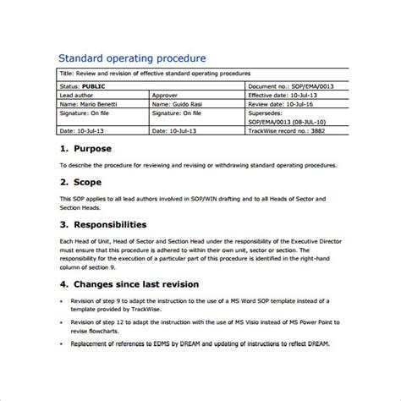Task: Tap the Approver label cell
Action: [x=166, y=95]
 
